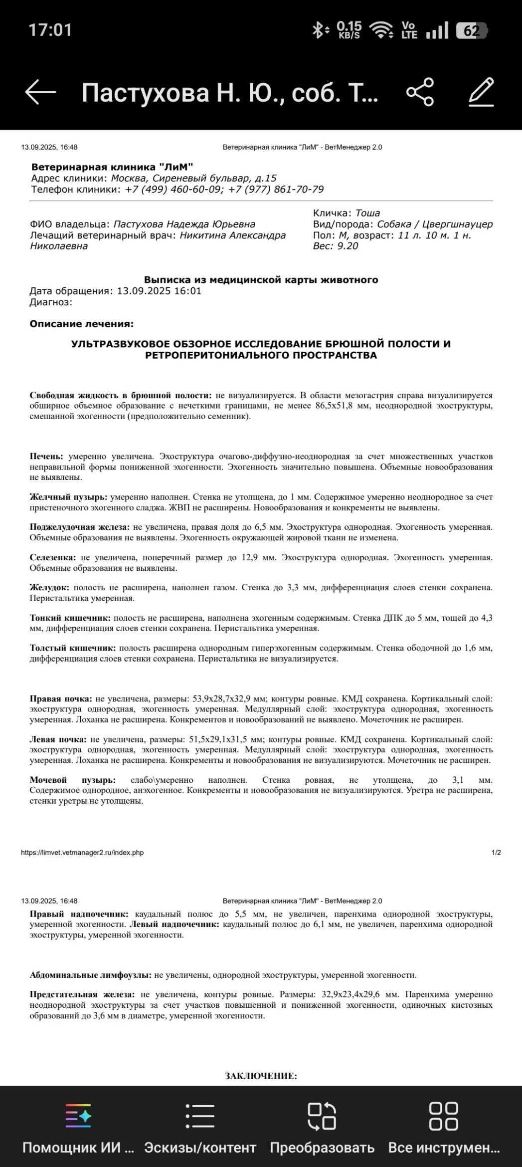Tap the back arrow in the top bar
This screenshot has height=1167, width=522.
pos(40,92)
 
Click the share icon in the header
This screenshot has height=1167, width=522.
pos(420,92)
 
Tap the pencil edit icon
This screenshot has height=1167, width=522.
pos(481,92)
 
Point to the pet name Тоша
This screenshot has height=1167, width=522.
pos(367,214)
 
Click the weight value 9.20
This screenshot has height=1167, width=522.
pos(347,246)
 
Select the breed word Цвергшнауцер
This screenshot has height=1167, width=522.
pos(457,225)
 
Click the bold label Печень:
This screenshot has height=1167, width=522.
pos(46,457)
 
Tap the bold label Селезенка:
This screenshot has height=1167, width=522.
pos(52,558)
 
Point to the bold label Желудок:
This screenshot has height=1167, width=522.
pos(49,588)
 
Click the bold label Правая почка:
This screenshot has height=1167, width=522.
pos(61,699)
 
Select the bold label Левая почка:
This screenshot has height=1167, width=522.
pos(58,739)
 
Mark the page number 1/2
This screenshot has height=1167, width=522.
pos(496,853)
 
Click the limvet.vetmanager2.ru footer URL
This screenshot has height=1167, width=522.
pos(82,853)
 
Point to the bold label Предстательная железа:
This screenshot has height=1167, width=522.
pos(82,994)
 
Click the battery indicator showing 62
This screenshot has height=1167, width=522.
pos(472,31)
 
